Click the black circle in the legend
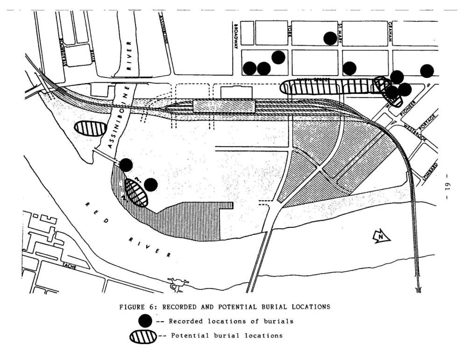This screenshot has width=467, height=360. click(x=145, y=321)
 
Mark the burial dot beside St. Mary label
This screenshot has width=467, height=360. click(x=330, y=38)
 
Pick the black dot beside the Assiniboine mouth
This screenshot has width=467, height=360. click(x=126, y=165)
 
